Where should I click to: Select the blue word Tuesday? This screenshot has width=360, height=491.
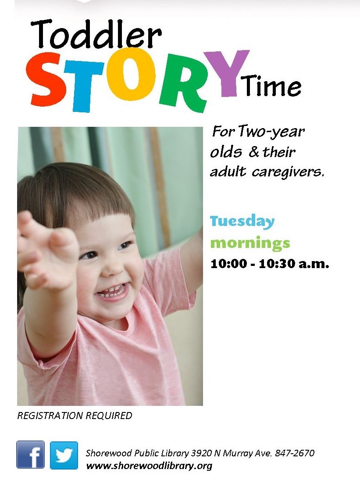pos(242,222)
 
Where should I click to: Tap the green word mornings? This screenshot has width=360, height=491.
pos(250,244)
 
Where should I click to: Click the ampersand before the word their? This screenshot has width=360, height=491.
pos(254,152)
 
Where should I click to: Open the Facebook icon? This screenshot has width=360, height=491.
pos(30,455)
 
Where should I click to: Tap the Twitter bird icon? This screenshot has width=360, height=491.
pos(64,455)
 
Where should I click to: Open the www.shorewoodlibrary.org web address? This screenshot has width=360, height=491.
pos(149,466)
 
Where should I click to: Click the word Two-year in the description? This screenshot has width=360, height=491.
pos(271,132)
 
